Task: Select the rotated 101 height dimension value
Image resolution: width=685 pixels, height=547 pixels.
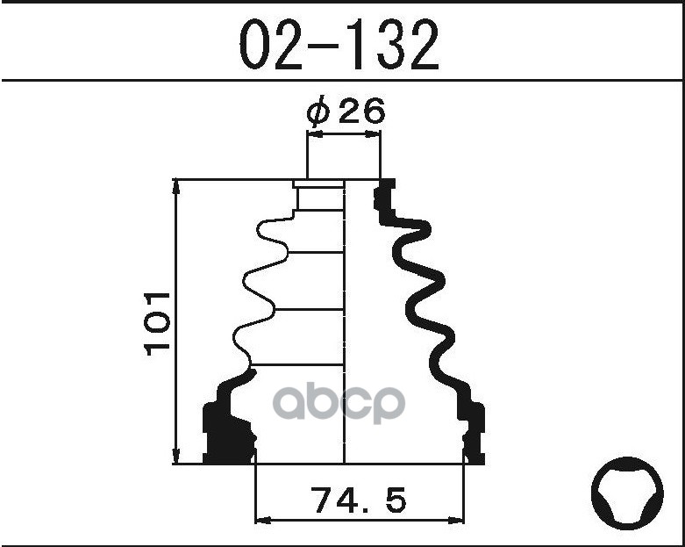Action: point(159,322)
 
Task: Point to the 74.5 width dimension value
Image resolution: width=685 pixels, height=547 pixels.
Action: point(359,501)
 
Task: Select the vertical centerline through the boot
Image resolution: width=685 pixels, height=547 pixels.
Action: point(344,334)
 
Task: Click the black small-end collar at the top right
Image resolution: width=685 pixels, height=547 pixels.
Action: point(384,194)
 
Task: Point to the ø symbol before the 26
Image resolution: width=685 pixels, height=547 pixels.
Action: point(318,112)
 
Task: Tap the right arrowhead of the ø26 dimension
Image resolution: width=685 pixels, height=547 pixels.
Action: point(375,134)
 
